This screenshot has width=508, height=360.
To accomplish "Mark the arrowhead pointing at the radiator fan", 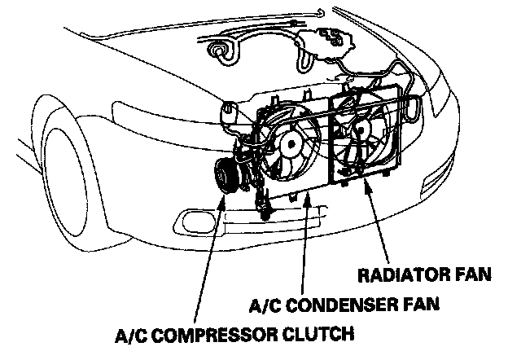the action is [370, 186].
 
